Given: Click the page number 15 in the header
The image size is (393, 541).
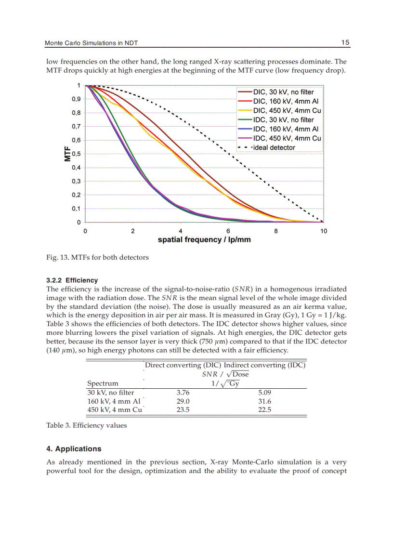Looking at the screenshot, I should click(x=345, y=42).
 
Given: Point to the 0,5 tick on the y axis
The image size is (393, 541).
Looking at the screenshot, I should click(x=76, y=154).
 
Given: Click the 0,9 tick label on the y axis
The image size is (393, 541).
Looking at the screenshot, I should click(x=76, y=99).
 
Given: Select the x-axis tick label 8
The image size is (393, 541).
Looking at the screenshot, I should click(x=276, y=231).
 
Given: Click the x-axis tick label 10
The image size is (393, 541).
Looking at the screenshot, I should click(x=323, y=231).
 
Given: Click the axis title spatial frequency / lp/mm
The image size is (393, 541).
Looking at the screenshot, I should click(x=204, y=239).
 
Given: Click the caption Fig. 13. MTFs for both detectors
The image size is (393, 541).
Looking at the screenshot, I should click(x=97, y=257).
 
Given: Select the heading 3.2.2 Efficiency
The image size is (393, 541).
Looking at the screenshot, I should click(x=72, y=280).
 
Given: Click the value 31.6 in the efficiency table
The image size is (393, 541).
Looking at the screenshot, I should click(x=264, y=401).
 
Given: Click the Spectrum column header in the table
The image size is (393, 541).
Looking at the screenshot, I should click(x=102, y=383).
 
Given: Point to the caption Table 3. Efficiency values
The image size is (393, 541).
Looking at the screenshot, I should click(x=86, y=425).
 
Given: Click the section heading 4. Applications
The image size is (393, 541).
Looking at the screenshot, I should click(x=73, y=449).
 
